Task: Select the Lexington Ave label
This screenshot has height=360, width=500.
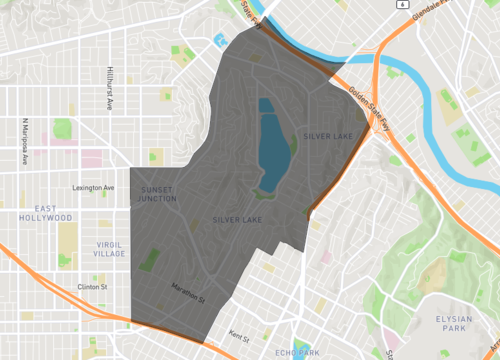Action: pos(93,187)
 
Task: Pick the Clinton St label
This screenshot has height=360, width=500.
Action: pos(91,287)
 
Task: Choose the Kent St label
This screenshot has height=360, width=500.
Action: pos(237,337)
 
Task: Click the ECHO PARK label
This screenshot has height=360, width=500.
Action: pos(296,353)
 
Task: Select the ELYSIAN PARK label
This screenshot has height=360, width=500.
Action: pos(453,322)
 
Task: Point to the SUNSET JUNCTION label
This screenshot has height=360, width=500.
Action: pos(158,194)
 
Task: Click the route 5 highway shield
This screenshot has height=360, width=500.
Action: pos(399,4)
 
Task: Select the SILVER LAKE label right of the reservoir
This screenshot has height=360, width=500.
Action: pos(330,135)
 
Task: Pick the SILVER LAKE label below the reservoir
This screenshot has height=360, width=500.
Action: pos(237,219)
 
